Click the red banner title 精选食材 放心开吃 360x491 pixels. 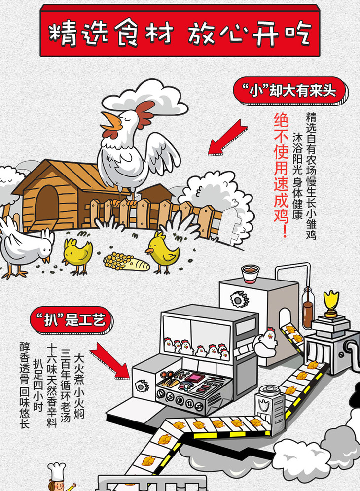[180, 33]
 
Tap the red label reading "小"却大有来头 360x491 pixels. [290, 92]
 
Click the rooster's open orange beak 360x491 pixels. [110, 122]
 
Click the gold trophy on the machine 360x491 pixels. [331, 302]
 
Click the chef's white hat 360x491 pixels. [57, 470]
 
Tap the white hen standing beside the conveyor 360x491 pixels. [266, 340]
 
